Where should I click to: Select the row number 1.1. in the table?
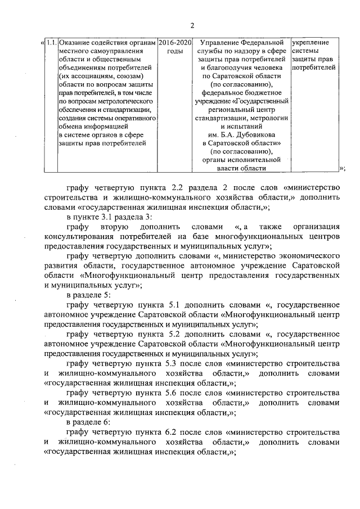(x=51, y=43)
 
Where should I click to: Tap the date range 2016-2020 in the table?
(x=175, y=43)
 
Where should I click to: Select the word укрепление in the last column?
(x=310, y=43)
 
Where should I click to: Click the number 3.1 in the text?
(x=105, y=217)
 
